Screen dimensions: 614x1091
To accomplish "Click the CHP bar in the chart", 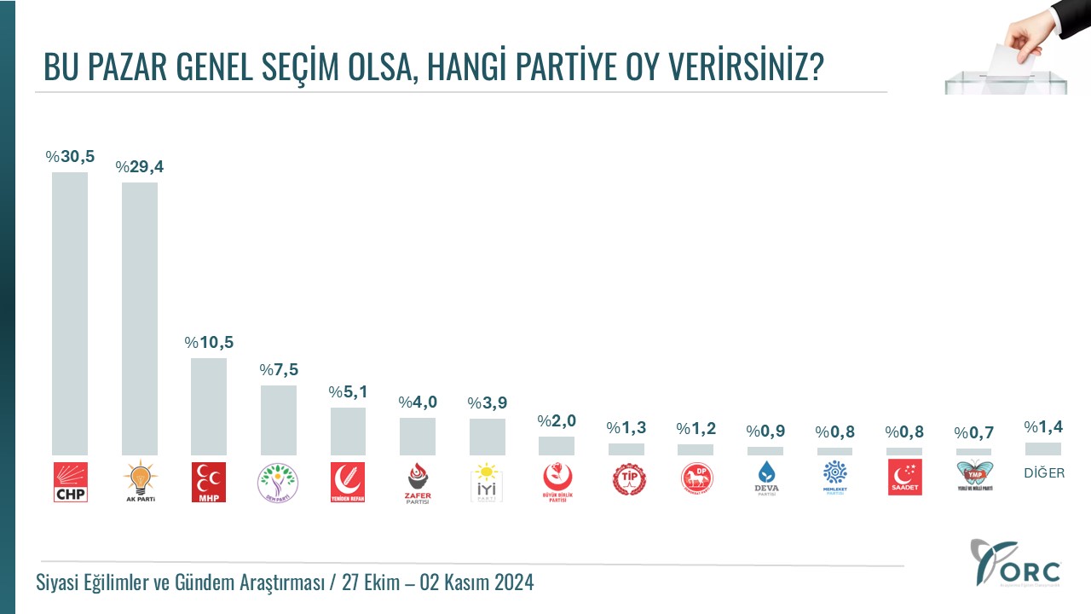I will [70, 314].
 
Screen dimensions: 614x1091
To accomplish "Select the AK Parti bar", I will [140, 319].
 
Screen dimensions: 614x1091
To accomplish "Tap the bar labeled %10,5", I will [209, 407].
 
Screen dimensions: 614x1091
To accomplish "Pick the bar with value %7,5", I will [279, 420].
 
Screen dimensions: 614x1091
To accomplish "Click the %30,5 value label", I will [70, 156].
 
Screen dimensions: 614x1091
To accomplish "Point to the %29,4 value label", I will [140, 166].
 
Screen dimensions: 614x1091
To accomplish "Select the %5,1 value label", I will [348, 392].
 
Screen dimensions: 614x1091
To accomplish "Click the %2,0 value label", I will [557, 421].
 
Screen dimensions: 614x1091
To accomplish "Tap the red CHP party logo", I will [70, 481].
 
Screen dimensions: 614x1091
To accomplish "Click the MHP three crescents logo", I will [209, 481].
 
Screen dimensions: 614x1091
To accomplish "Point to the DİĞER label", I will [1044, 473].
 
